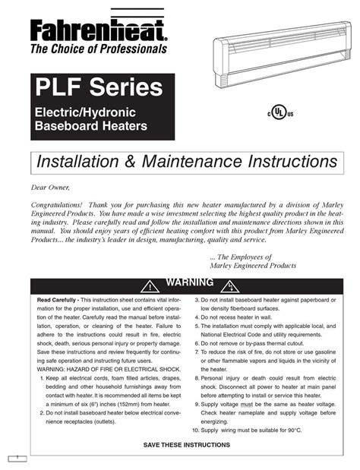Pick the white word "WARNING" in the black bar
coord(189,283)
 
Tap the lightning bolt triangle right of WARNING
coord(228,285)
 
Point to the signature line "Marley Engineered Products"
coord(252,266)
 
